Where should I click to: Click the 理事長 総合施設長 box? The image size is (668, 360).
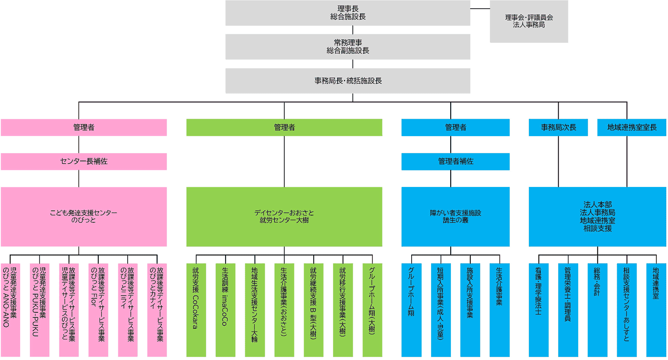(x=348, y=13)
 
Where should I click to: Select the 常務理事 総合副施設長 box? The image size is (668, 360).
(x=348, y=47)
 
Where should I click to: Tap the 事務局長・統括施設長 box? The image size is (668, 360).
(x=348, y=81)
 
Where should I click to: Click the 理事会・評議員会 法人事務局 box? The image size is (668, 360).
(x=528, y=21)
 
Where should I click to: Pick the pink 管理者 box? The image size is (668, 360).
(x=83, y=127)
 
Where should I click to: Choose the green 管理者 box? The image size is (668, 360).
(x=284, y=127)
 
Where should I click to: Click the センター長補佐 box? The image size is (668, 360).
(x=83, y=162)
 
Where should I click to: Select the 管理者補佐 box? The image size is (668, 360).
(x=455, y=162)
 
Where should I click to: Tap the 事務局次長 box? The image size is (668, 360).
(x=558, y=127)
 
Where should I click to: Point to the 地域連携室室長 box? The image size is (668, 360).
(x=631, y=127)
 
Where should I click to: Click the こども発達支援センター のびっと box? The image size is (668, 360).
(x=83, y=217)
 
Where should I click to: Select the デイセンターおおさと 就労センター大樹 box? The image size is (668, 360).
(x=284, y=217)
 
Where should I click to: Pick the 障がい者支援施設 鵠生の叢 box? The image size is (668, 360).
(x=455, y=217)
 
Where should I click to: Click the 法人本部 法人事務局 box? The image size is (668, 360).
(x=597, y=217)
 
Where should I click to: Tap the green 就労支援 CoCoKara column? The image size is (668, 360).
(x=196, y=310)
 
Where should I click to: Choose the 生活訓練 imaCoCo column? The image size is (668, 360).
(x=225, y=310)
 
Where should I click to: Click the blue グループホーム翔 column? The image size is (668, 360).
(x=411, y=310)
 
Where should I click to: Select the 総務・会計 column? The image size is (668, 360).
(x=597, y=310)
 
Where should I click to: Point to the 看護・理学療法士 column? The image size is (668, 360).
(x=538, y=310)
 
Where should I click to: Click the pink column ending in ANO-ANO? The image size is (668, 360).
(x=10, y=310)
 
